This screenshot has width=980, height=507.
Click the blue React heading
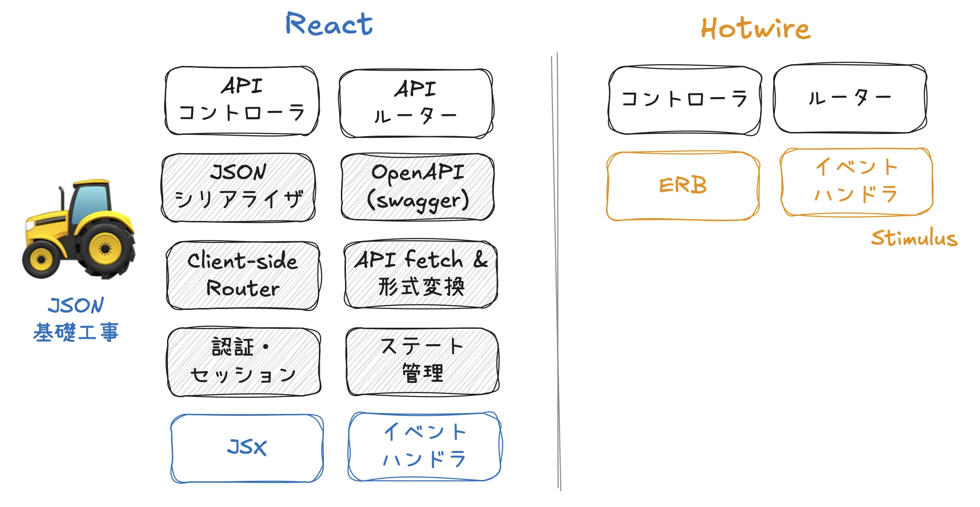[329, 24]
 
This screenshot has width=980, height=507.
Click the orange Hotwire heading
[755, 29]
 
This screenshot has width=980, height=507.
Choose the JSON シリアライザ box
[238, 187]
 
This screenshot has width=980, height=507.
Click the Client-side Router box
[243, 276]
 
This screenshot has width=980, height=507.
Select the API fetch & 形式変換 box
[421, 274]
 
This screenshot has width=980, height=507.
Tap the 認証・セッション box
[244, 362]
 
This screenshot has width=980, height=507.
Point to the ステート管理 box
[423, 361]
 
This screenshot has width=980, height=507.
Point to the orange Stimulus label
[914, 238]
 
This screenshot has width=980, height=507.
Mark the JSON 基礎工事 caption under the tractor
[76, 319]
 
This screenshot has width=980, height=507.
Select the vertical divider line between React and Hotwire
[557, 271]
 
